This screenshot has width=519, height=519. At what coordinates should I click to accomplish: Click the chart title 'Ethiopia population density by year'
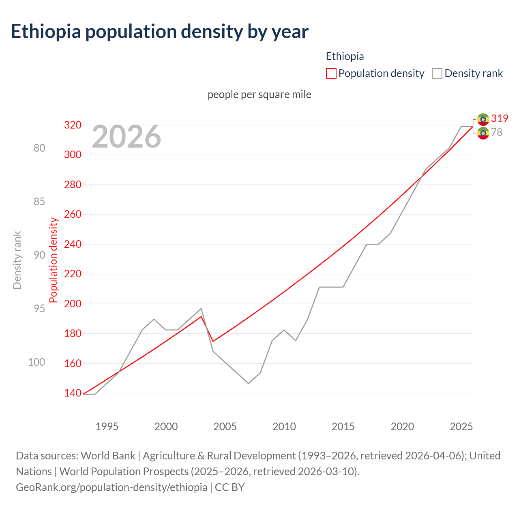(x=160, y=32)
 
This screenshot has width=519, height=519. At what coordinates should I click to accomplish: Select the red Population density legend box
(x=331, y=73)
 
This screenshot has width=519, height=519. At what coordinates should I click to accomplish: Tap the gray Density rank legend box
(x=437, y=73)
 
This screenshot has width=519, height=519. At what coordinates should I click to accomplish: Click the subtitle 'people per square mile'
(x=259, y=94)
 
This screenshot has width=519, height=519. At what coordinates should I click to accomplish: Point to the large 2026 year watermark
(x=127, y=137)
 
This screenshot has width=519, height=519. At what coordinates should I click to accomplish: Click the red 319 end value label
(x=500, y=118)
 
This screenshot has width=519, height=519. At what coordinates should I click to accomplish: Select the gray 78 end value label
(x=497, y=132)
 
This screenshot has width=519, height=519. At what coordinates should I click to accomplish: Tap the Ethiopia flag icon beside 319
(x=483, y=119)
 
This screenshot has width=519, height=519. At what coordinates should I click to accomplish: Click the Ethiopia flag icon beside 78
(x=483, y=133)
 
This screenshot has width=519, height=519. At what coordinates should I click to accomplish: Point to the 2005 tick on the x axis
(x=225, y=427)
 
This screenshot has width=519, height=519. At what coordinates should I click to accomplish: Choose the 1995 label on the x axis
(x=107, y=427)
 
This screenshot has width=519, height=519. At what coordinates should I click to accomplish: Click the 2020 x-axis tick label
(x=402, y=427)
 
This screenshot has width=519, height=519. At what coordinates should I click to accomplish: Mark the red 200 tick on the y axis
(x=73, y=304)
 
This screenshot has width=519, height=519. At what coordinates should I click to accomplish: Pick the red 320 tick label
(x=73, y=125)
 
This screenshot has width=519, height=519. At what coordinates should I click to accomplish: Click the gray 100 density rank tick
(x=36, y=362)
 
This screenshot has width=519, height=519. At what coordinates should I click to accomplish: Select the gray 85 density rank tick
(x=39, y=202)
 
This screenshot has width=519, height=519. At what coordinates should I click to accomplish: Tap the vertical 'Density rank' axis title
(x=17, y=260)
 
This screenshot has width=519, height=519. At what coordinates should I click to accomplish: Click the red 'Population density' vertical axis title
(x=54, y=260)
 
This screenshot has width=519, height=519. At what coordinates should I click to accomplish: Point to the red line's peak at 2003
(x=201, y=316)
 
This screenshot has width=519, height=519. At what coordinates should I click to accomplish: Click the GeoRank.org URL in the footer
(x=112, y=487)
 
